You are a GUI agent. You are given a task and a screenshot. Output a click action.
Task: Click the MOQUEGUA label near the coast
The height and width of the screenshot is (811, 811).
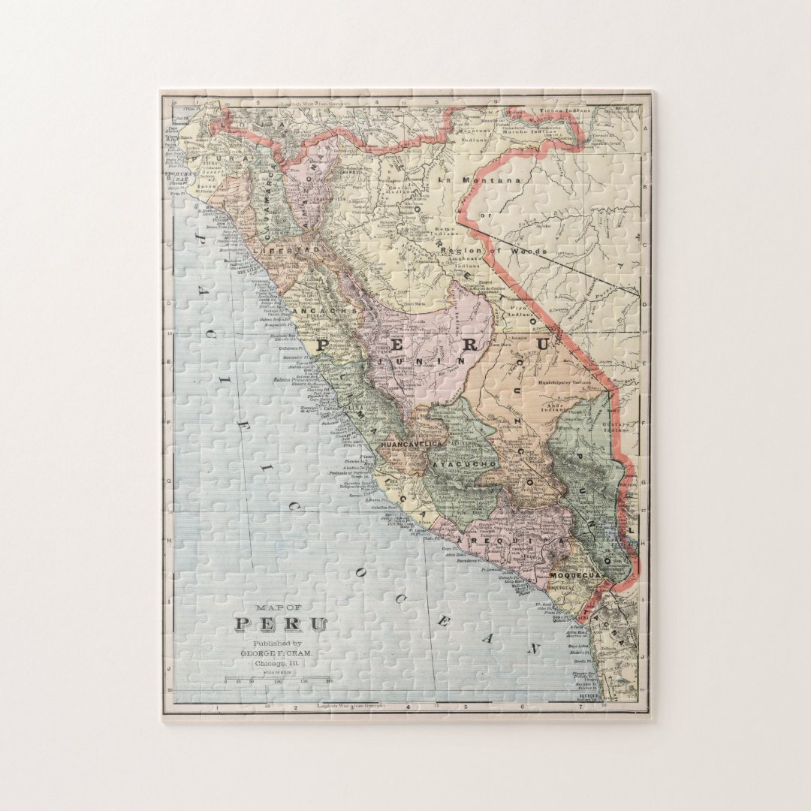(x=577, y=575)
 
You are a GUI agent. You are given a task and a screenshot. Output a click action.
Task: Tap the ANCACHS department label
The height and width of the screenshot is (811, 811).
(x=324, y=310)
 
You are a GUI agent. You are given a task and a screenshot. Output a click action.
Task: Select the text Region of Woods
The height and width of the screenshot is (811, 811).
(x=494, y=251)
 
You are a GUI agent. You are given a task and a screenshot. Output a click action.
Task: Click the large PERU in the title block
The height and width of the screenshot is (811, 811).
(x=281, y=624)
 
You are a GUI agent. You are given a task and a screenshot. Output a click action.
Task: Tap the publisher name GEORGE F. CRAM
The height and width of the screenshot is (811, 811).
(x=276, y=653)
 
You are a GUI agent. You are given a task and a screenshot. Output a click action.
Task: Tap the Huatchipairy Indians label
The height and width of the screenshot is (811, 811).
(x=565, y=382)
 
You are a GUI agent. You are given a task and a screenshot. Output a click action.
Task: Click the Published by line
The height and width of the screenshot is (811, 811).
(x=277, y=644)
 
